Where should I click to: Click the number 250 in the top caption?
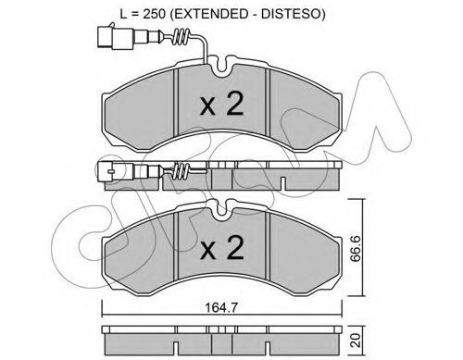(x=156, y=14)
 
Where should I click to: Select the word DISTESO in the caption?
(x=291, y=14)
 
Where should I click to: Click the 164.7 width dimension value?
(x=221, y=307)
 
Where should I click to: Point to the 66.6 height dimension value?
(x=356, y=249)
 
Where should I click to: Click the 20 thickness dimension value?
(x=356, y=340)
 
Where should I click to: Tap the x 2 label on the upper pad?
(x=222, y=104)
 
